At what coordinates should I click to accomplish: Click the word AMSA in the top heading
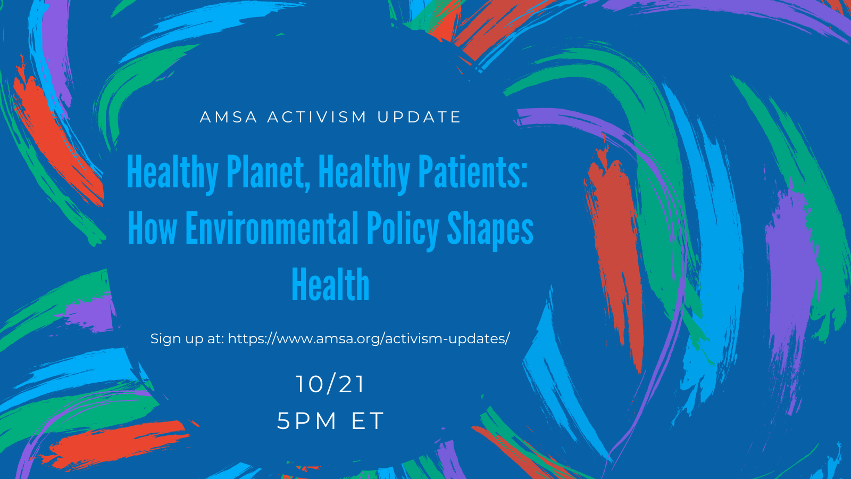click(228, 117)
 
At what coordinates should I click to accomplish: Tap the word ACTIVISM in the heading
click(317, 117)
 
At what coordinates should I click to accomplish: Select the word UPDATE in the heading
click(419, 117)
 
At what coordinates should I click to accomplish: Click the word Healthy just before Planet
click(172, 173)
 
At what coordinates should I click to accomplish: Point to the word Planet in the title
click(268, 172)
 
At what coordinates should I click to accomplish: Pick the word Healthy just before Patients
click(364, 173)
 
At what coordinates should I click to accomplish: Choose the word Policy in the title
click(403, 229)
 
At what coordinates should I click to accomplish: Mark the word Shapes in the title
click(490, 229)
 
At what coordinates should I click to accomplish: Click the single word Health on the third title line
click(330, 284)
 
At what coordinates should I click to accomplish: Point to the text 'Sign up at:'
click(187, 338)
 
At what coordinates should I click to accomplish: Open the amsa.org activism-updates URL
click(369, 338)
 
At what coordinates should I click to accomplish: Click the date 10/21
click(330, 384)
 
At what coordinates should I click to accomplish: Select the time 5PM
click(306, 421)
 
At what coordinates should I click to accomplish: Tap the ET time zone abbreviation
click(368, 421)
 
